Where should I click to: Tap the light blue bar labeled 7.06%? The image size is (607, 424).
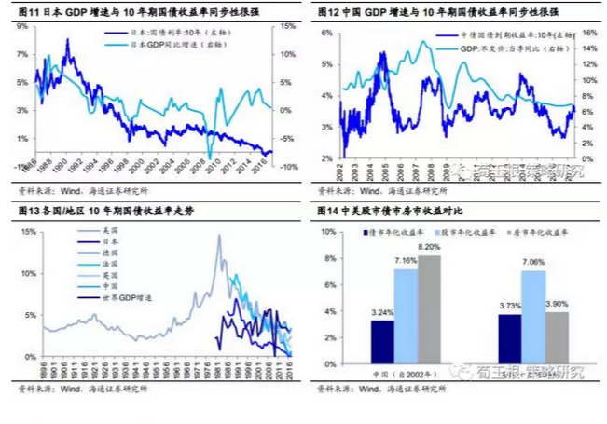coord(532,314)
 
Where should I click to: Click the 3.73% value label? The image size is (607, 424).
coord(509,307)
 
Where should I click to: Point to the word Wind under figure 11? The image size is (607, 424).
coord(62,189)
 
